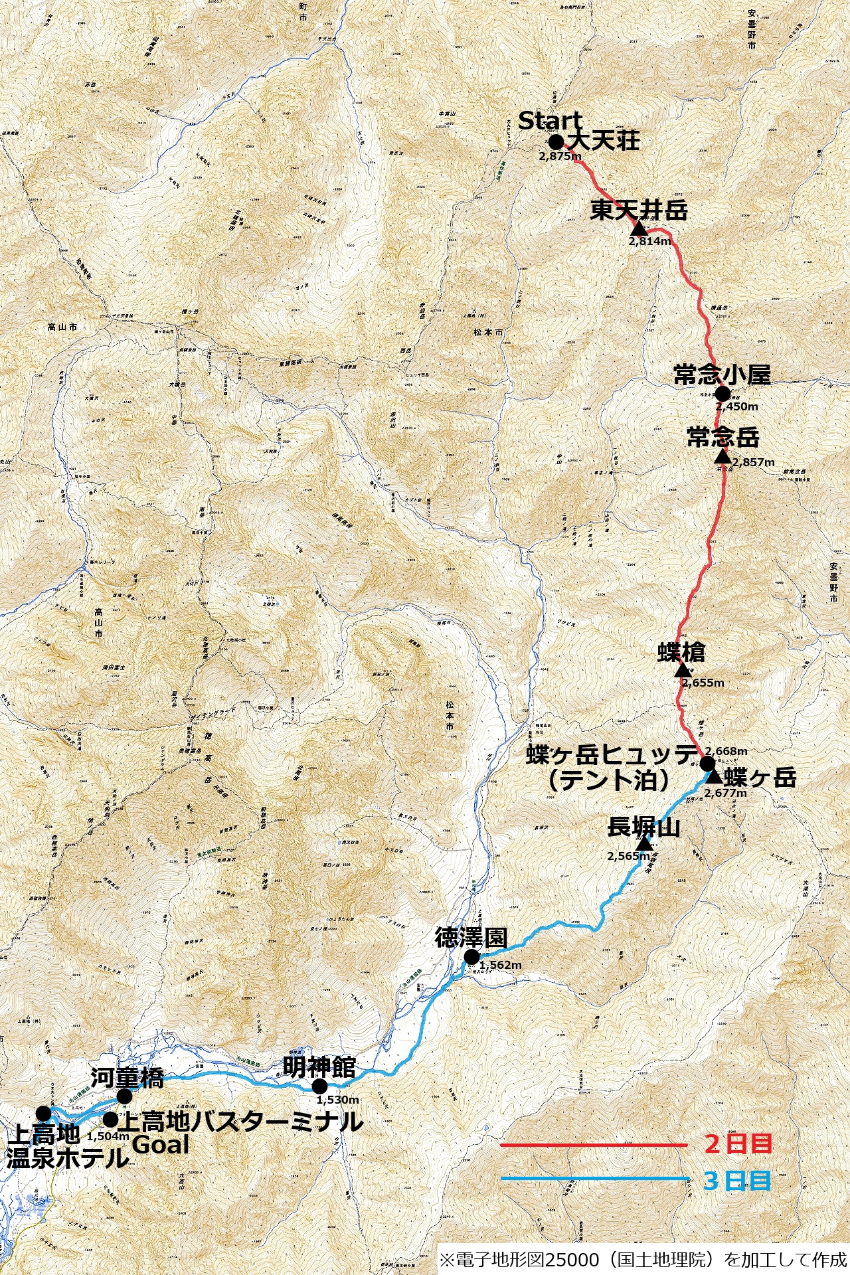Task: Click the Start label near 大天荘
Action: click(x=550, y=121)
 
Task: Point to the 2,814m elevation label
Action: click(x=649, y=242)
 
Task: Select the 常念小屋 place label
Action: click(x=722, y=375)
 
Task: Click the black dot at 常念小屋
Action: click(x=722, y=394)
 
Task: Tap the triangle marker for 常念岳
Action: click(x=722, y=456)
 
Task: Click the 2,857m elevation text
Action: click(x=753, y=462)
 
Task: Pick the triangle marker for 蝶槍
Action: click(x=683, y=670)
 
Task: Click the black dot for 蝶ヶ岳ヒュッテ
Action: click(x=707, y=763)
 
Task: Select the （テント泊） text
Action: click(x=608, y=780)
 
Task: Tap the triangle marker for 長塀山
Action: click(x=643, y=844)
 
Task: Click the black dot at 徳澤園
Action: click(x=471, y=957)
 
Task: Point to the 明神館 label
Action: click(x=319, y=1067)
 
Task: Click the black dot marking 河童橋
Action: click(x=124, y=1096)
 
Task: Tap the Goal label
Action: click(x=160, y=1145)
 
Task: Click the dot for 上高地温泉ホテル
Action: click(x=44, y=1113)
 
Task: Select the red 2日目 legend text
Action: click(x=738, y=1144)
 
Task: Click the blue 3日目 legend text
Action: click(x=737, y=1181)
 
